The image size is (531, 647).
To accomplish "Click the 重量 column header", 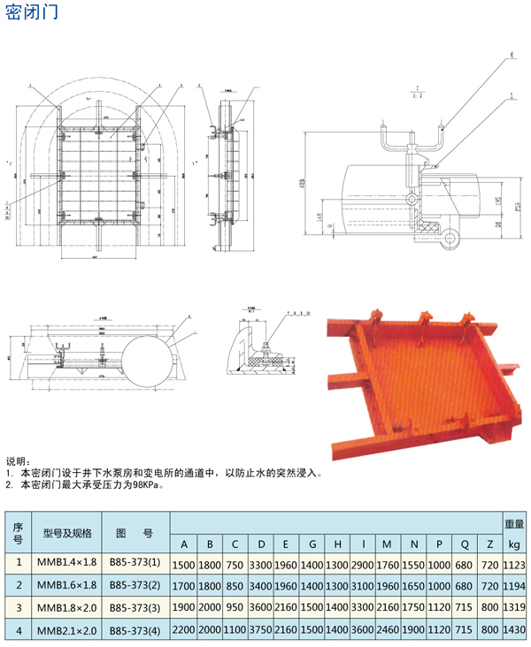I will (514, 521).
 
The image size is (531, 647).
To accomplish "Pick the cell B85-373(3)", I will (135, 607).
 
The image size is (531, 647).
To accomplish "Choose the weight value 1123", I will (514, 564).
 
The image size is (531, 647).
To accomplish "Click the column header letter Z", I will (489, 543).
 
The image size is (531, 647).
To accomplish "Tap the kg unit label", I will (514, 543).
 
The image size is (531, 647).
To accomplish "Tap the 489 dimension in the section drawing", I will (303, 182).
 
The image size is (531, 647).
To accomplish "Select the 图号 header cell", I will (135, 533).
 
